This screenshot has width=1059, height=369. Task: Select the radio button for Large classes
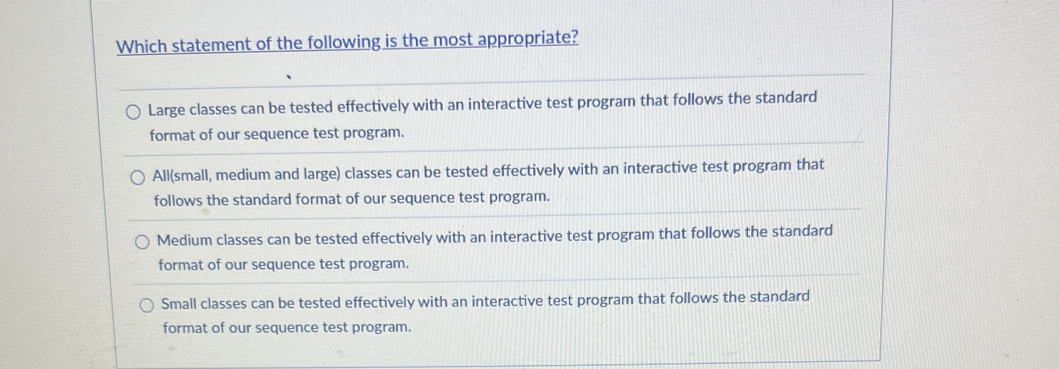(x=133, y=113)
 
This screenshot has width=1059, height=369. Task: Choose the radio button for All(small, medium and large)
(x=137, y=178)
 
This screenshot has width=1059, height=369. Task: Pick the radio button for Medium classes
(x=142, y=242)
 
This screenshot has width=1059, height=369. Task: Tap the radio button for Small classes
(x=147, y=305)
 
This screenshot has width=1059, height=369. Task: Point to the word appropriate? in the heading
(x=528, y=39)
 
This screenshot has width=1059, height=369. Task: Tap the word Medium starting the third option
(x=185, y=240)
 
